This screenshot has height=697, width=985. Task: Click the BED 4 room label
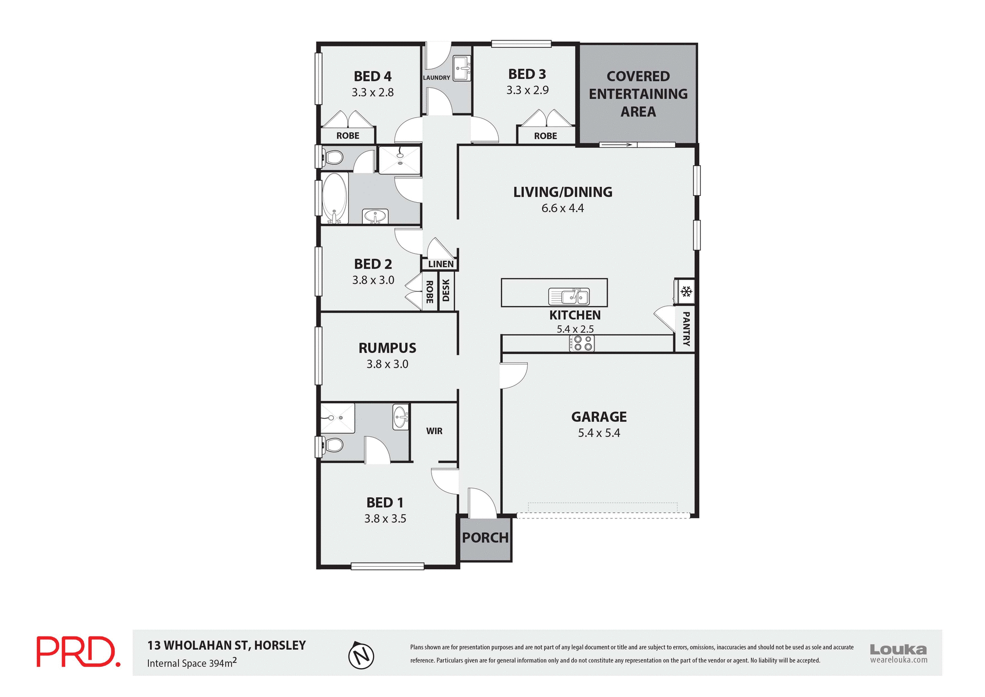[x=372, y=76]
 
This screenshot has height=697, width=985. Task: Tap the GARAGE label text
[x=599, y=417]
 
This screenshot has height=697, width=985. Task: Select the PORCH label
[x=485, y=538]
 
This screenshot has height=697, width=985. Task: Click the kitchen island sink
[x=569, y=296]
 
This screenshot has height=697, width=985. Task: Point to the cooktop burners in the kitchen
[x=582, y=343]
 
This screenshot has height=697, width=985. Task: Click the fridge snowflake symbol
[x=686, y=292]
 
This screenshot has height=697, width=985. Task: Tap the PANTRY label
[x=686, y=328]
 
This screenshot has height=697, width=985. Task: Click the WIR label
[x=434, y=431]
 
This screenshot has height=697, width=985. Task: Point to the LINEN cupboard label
[x=441, y=264]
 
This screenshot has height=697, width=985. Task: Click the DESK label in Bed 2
[x=446, y=291]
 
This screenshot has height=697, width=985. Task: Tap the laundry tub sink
[x=462, y=68]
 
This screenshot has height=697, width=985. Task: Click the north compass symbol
[x=361, y=655]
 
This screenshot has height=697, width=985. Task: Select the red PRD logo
[x=77, y=652]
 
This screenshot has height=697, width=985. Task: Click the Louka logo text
[x=898, y=649]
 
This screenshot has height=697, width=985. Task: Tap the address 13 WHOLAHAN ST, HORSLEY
[x=226, y=645]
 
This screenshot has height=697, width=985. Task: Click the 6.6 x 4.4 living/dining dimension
[x=562, y=208]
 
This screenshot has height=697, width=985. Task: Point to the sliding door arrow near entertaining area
[x=617, y=145]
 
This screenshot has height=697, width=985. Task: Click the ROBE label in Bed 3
[x=545, y=136]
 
